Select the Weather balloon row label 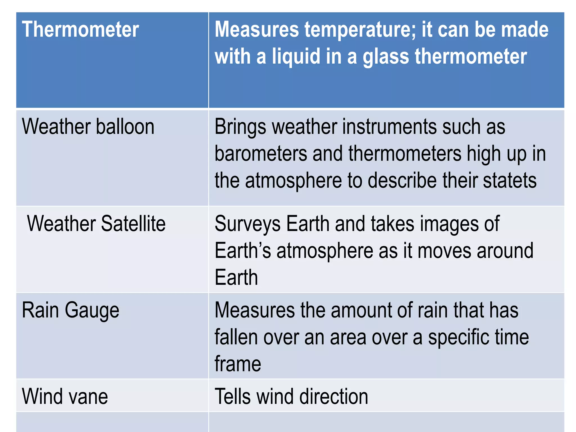click(x=88, y=127)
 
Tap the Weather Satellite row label click(x=96, y=224)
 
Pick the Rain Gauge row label click(x=71, y=310)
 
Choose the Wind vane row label click(x=65, y=396)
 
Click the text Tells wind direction click(x=291, y=396)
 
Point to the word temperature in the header click(x=360, y=30)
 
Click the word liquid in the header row click(x=296, y=56)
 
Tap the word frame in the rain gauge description click(x=238, y=364)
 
